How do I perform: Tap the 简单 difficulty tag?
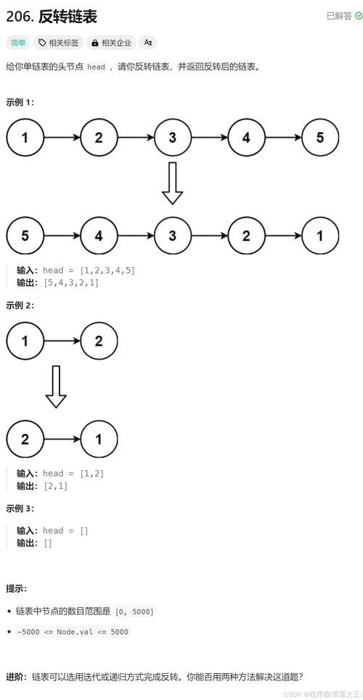17,43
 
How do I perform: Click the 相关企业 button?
111,43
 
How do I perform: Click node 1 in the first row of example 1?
25,138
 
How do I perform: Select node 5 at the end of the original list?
319,138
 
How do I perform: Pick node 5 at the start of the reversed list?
25,235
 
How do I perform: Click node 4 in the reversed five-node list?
99,235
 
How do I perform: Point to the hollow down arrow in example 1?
172,184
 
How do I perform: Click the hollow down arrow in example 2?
56,387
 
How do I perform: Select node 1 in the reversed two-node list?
99,439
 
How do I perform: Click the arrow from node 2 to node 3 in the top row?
135,138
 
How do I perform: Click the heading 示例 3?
20,508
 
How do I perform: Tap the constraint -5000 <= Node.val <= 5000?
72,632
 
